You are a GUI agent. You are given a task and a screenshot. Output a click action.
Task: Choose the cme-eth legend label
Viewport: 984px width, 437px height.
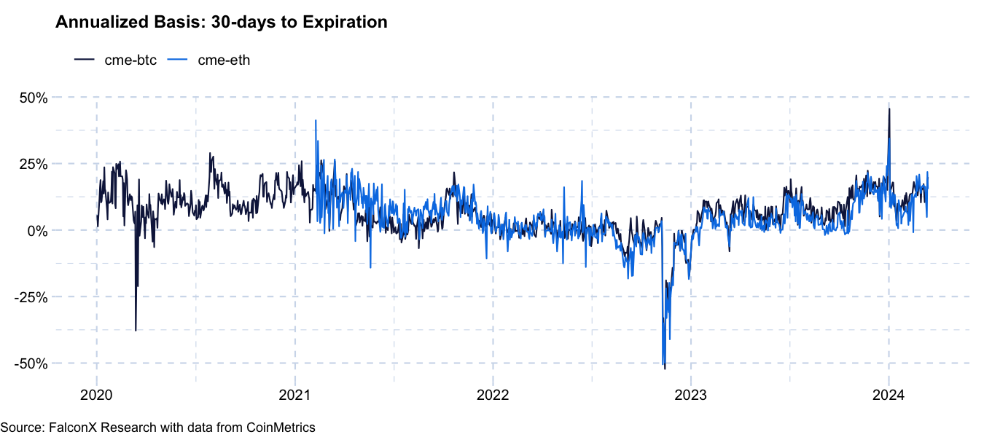[224, 60]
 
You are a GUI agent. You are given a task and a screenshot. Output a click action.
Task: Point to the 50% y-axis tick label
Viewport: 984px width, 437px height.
[33, 98]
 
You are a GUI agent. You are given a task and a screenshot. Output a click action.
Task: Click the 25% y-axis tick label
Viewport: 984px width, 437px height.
[33, 164]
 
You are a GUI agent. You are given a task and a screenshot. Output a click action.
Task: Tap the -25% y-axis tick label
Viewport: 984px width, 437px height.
[31, 297]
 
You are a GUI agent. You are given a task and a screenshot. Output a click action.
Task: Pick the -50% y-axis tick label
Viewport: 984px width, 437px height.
[31, 363]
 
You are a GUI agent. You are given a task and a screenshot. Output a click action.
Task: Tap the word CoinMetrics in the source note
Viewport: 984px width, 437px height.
[281, 428]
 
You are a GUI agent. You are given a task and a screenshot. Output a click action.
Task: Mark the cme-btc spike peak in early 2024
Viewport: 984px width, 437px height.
[889, 109]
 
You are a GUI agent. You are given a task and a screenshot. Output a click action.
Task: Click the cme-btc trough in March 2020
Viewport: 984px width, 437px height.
[136, 330]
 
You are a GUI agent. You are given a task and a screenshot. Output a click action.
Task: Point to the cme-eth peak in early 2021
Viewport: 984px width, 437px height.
[316, 121]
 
